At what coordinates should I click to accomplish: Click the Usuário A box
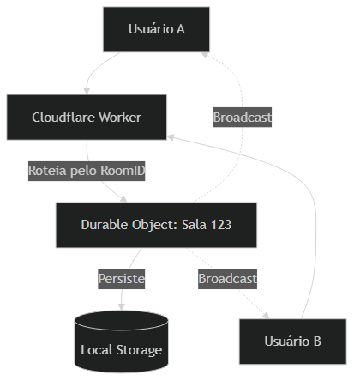(x=156, y=29)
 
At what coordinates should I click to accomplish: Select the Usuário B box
(x=292, y=342)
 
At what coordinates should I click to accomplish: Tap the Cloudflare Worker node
(x=87, y=117)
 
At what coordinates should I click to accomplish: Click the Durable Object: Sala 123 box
(x=156, y=225)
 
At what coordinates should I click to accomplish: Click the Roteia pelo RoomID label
(x=87, y=171)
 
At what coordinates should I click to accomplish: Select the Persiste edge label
(x=121, y=279)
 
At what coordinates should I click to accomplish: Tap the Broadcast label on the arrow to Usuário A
(x=243, y=117)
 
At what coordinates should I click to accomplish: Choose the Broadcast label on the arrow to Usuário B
(x=227, y=279)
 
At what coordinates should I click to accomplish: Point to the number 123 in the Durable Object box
(x=219, y=225)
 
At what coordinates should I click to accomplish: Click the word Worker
(x=119, y=117)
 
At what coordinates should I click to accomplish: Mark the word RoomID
(x=123, y=171)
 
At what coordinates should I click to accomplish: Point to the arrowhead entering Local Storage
(x=121, y=307)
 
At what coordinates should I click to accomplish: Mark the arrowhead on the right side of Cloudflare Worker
(x=171, y=135)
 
